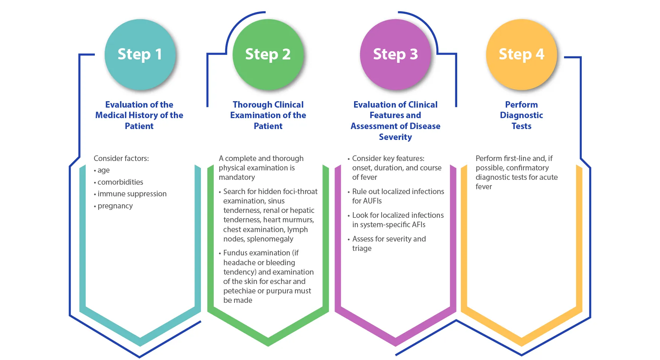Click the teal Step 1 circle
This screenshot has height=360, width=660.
pos(140,55)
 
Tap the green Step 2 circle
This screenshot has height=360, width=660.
pos(268,55)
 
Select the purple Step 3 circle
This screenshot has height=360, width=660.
pos(395,55)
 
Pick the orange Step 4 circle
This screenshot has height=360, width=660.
pos(521,55)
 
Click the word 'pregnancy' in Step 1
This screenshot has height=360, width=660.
pos(115,206)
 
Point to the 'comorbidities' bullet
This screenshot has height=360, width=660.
pos(120,182)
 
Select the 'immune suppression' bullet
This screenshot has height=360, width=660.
pos(132,194)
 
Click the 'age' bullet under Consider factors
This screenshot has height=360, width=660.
pos(103,170)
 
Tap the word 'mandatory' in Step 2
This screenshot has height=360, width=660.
pos(237,177)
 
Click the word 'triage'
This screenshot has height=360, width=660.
pos(362,248)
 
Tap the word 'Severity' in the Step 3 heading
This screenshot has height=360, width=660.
pos(395,137)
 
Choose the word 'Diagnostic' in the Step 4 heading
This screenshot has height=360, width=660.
pos(521,115)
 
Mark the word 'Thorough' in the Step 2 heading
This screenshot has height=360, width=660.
pos(250,105)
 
